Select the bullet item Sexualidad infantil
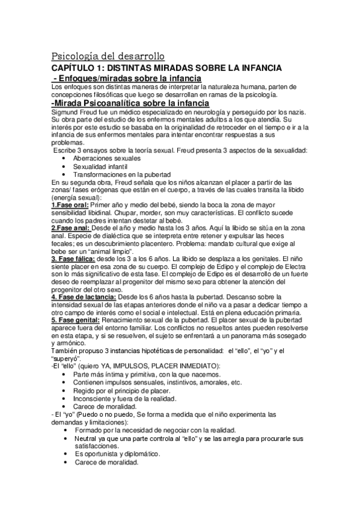[100, 166]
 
